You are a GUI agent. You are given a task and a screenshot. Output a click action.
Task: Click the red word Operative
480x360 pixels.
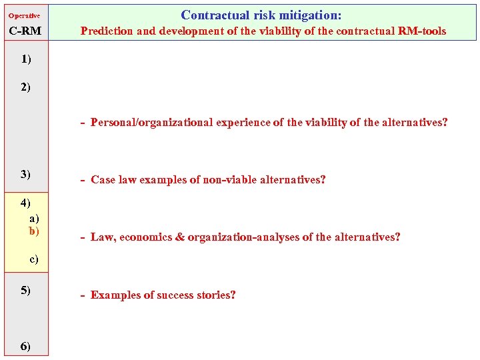tap(24, 15)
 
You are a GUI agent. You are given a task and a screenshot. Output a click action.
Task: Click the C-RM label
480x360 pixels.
tap(25, 31)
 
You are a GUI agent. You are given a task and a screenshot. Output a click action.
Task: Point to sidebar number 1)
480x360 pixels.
tap(25, 59)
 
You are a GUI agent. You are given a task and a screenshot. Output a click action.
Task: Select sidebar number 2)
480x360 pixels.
tap(25, 87)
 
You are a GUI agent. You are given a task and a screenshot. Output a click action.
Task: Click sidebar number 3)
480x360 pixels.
tap(25, 174)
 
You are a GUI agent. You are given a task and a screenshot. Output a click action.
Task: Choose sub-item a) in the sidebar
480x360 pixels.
tap(34, 218)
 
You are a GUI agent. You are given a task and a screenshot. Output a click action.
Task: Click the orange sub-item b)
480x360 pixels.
tap(34, 231)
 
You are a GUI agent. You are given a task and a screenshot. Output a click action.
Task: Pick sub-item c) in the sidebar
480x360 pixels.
tap(34, 259)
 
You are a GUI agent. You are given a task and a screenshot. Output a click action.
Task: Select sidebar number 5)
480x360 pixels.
tap(25, 290)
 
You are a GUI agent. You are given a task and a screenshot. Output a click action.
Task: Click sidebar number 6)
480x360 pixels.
tap(25, 345)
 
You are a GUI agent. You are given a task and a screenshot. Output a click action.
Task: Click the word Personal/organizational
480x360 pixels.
tap(152, 123)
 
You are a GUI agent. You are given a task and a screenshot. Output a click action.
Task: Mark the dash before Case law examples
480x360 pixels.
tap(82, 180)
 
